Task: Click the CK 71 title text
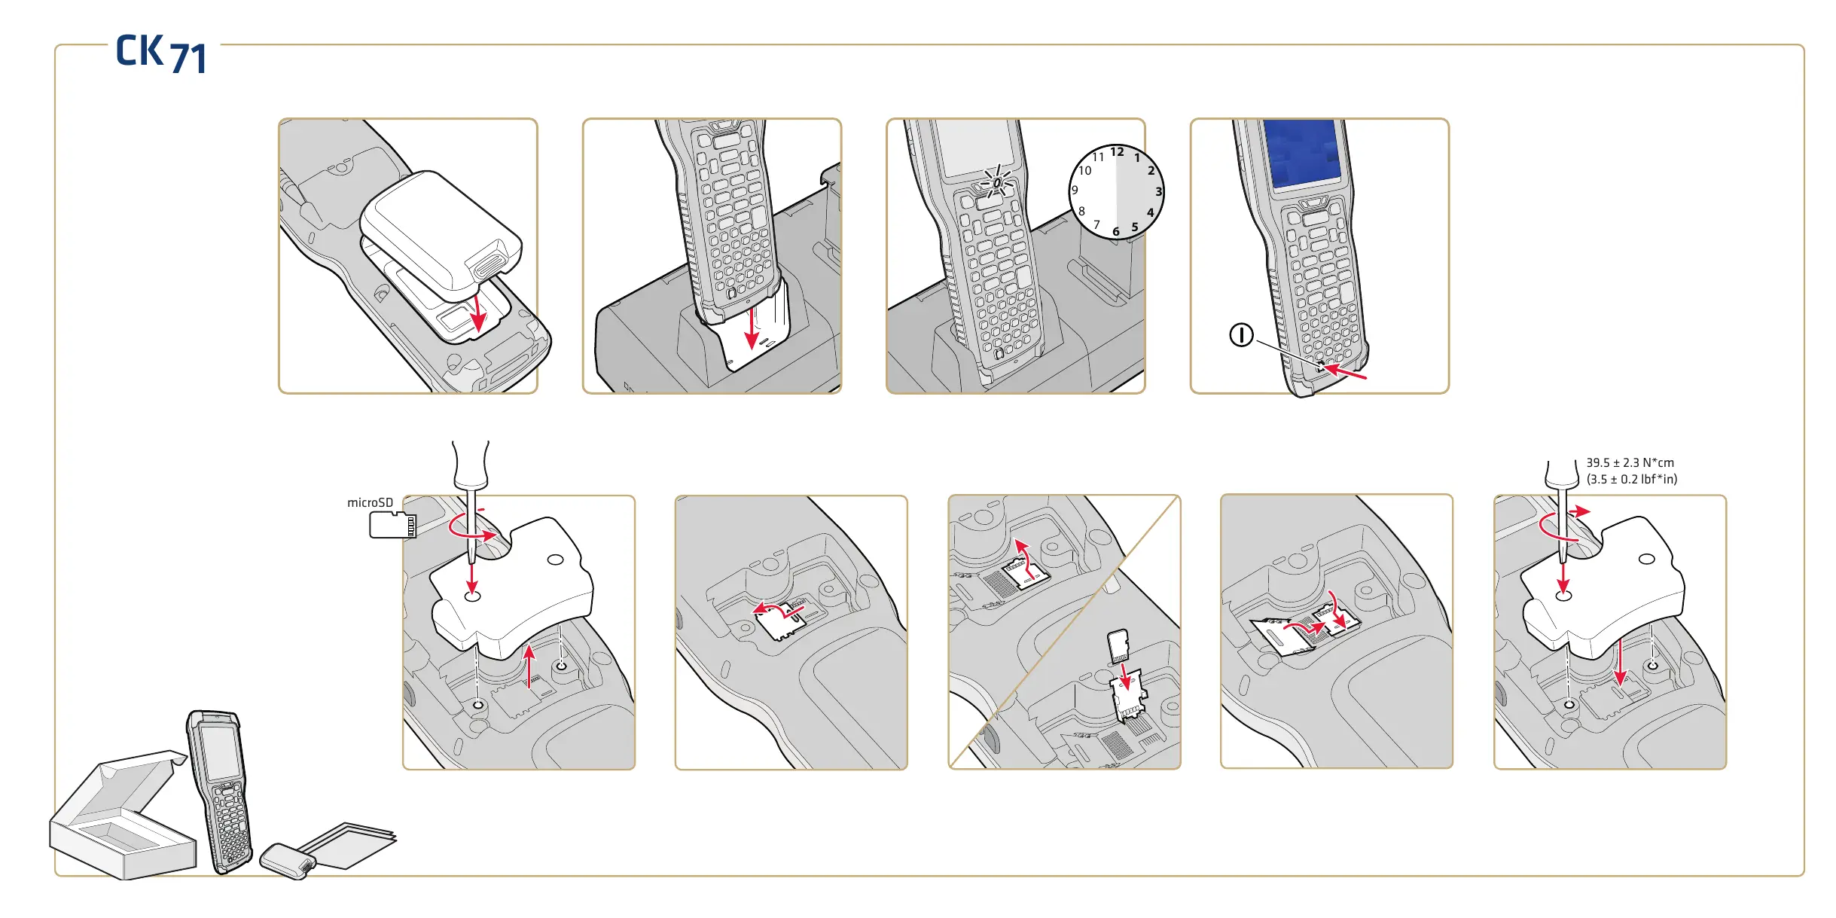click(161, 53)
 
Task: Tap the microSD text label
click(370, 502)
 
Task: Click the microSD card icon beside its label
click(392, 524)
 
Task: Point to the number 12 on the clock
click(1117, 152)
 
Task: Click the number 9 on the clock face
click(1075, 190)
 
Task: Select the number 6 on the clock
click(1116, 231)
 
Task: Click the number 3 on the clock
click(1158, 191)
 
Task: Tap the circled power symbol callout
click(1241, 335)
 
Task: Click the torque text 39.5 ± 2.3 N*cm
click(1630, 462)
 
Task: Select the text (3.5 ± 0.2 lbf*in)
click(1631, 479)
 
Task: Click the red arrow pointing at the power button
click(1345, 371)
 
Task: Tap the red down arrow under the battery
click(477, 313)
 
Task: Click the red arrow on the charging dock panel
click(752, 328)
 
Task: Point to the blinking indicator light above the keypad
click(996, 181)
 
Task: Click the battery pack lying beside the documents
click(287, 861)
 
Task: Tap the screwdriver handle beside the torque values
click(1561, 474)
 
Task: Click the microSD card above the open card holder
click(1118, 645)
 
